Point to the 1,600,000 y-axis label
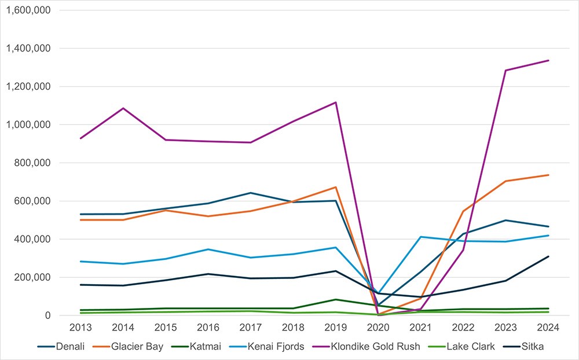coord(28,10)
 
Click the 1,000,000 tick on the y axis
coord(28,124)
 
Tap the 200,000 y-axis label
coord(32,277)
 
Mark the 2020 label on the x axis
coord(378,328)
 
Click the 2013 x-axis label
coord(80,328)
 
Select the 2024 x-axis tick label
coord(548,328)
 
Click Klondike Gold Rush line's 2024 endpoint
coord(548,60)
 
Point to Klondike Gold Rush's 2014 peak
coord(123,108)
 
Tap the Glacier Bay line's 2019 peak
coord(336,187)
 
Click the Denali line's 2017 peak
coord(251,193)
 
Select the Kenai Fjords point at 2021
coord(421,237)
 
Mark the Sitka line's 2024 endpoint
coord(548,256)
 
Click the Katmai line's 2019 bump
coord(336,299)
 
